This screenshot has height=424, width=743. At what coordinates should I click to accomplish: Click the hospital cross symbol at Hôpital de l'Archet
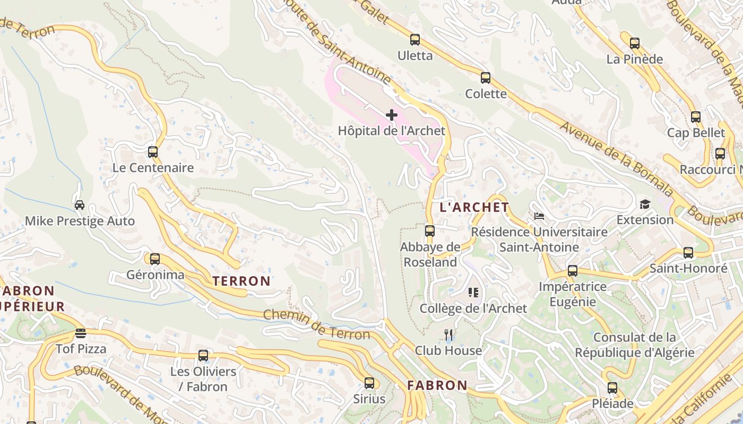pyautogui.click(x=392, y=115)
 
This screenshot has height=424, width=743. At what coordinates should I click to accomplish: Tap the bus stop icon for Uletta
pyautogui.click(x=415, y=40)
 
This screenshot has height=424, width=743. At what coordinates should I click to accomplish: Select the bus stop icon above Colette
pyautogui.click(x=486, y=78)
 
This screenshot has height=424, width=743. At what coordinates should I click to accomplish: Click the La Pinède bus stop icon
pyautogui.click(x=634, y=43)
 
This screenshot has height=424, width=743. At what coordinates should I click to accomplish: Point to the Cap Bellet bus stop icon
pyautogui.click(x=696, y=117)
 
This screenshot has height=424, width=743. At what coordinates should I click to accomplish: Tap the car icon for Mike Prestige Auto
pyautogui.click(x=80, y=205)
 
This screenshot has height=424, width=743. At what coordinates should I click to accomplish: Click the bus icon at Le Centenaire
pyautogui.click(x=153, y=152)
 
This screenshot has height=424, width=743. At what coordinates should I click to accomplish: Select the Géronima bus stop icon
pyautogui.click(x=155, y=259)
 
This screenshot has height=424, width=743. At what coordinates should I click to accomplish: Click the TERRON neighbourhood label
pyautogui.click(x=241, y=281)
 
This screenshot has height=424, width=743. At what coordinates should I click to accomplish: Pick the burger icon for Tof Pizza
pyautogui.click(x=81, y=333)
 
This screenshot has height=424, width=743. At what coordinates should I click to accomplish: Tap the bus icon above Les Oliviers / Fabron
pyautogui.click(x=203, y=356)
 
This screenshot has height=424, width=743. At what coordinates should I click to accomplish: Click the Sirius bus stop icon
pyautogui.click(x=369, y=383)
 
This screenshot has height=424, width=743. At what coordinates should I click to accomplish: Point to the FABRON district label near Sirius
pyautogui.click(x=437, y=385)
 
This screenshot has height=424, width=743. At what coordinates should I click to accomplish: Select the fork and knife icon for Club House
pyautogui.click(x=448, y=334)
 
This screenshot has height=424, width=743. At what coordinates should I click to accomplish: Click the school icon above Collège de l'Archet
pyautogui.click(x=473, y=293)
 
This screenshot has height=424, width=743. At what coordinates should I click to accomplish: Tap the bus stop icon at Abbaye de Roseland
pyautogui.click(x=430, y=231)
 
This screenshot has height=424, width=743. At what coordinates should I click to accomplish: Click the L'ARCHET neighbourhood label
pyautogui.click(x=474, y=207)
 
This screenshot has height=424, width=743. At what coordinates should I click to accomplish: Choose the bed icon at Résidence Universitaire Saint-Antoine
pyautogui.click(x=539, y=216)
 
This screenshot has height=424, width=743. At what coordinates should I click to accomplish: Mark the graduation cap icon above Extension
pyautogui.click(x=645, y=204)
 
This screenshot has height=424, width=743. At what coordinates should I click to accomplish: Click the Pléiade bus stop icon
pyautogui.click(x=612, y=388)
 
